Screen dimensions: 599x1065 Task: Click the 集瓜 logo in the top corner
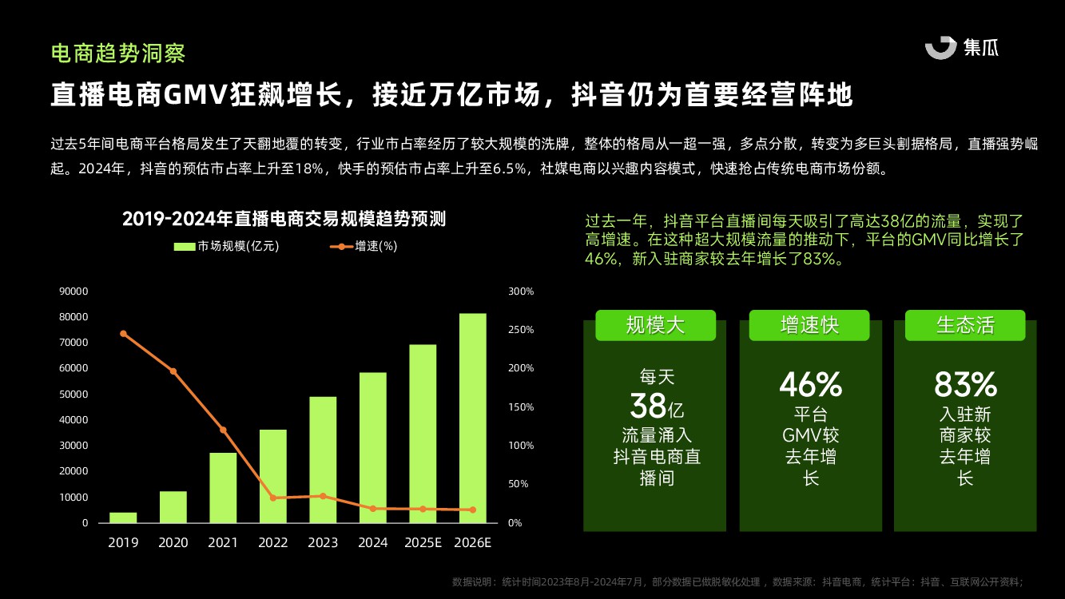click(x=962, y=48)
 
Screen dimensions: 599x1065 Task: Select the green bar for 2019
click(x=123, y=518)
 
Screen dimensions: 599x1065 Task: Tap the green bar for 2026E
click(x=472, y=418)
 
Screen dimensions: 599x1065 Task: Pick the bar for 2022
click(x=273, y=476)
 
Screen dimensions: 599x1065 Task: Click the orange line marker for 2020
click(x=173, y=371)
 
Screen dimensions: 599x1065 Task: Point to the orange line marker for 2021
click(x=223, y=430)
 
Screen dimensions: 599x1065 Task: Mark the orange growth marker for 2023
click(x=323, y=496)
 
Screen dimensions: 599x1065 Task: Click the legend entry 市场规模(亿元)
click(x=226, y=246)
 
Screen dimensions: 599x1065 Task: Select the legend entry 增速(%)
click(x=364, y=246)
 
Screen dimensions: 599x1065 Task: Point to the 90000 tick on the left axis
click(x=74, y=292)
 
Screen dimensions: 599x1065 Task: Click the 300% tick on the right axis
click(x=521, y=292)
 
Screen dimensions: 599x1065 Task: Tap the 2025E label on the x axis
click(x=422, y=543)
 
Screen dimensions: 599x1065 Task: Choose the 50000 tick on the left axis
click(x=74, y=395)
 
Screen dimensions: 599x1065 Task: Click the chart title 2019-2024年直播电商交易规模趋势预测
click(x=284, y=219)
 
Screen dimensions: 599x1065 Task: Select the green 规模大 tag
click(x=655, y=325)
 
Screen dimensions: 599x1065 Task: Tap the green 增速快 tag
click(x=809, y=325)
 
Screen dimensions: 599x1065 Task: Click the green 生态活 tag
click(x=965, y=325)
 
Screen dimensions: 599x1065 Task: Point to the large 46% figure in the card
click(x=810, y=385)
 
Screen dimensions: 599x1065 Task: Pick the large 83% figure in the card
click(x=965, y=385)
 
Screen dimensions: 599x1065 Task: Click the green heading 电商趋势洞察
click(x=118, y=54)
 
